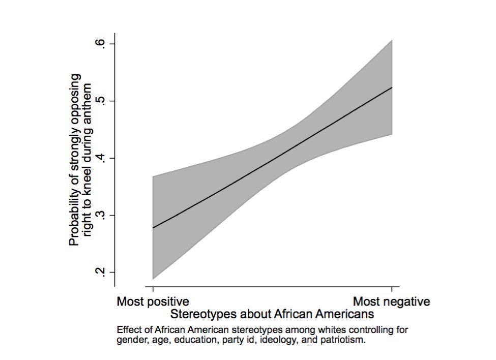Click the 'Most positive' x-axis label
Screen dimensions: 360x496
pos(153,302)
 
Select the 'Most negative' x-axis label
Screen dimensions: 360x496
pos(392,302)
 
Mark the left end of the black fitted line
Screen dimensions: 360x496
pos(153,227)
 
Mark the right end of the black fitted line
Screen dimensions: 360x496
pos(392,87)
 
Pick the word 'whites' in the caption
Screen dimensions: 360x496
pos(289,329)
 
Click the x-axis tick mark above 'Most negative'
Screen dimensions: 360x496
pos(392,289)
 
